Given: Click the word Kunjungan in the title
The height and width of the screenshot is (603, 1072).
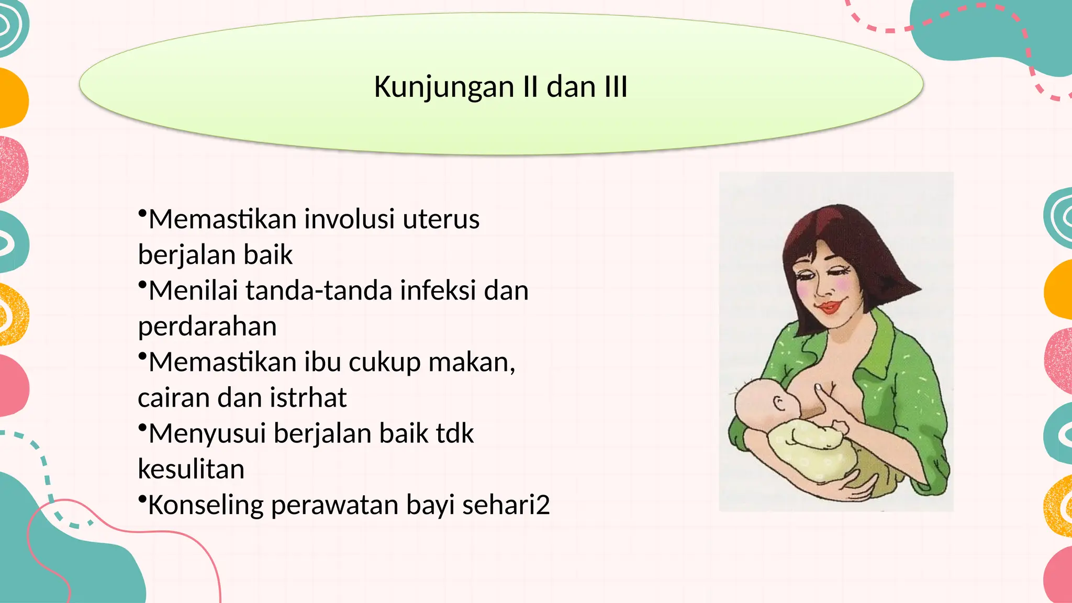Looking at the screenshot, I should pos(444,87).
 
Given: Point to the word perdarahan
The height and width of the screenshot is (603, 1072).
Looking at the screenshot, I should pos(207,327).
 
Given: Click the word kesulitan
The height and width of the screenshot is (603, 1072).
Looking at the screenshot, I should pos(191,470).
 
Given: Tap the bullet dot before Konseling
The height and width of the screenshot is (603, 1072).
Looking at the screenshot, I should pos(142,499).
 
